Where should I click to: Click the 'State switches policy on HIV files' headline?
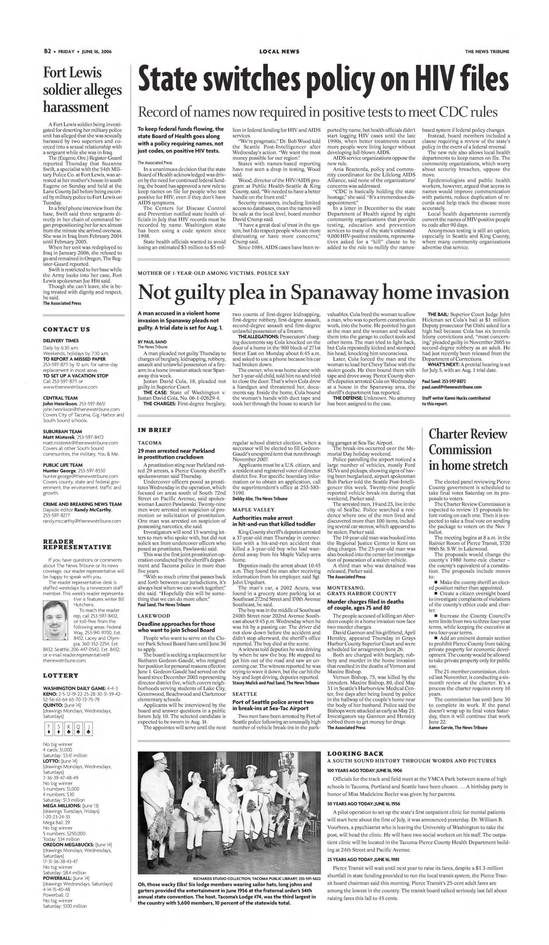pos(323,80)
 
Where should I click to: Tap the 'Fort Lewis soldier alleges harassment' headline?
pos(82,90)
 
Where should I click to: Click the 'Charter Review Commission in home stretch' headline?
pos(468,450)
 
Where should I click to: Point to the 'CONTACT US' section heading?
pos(66,330)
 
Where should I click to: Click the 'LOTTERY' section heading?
pos(61,676)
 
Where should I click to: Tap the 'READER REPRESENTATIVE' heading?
pos(77,544)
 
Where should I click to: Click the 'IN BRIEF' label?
pos(154,430)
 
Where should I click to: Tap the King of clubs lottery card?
pos(68,729)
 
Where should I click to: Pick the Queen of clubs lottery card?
pos(78,729)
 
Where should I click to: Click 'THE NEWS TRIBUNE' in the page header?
pos(487,52)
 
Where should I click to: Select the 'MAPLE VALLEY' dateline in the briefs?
pos(253,510)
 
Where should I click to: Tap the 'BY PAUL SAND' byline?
pos(152,342)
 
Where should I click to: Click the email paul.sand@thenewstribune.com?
pos(452,387)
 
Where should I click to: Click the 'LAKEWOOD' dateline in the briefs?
pos(154,616)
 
